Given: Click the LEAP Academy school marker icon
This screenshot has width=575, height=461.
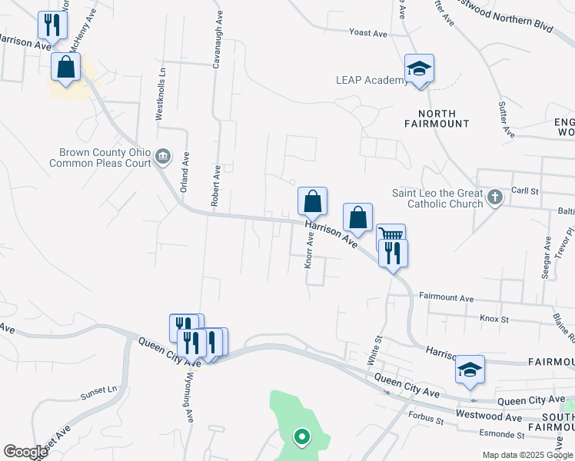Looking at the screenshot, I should [x=420, y=69].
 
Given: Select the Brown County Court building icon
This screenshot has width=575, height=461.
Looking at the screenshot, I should [x=163, y=158].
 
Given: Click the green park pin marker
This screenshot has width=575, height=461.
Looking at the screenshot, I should [x=302, y=437].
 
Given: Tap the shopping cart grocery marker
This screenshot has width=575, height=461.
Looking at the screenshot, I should [x=391, y=236].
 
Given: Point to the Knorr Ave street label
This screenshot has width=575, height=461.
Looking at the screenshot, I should [x=311, y=250].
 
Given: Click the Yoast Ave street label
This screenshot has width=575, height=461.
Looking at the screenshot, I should [x=368, y=33].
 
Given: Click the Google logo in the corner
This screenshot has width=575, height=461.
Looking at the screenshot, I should [x=25, y=452].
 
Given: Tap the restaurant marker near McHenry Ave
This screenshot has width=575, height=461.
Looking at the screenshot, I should [x=52, y=25].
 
